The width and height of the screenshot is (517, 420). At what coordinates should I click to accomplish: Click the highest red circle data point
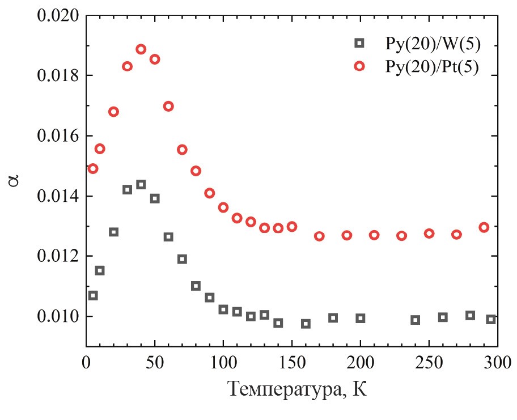(x=141, y=49)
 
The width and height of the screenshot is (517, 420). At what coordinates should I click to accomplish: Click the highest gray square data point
(x=141, y=184)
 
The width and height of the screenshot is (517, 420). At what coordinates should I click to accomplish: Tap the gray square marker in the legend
(x=359, y=43)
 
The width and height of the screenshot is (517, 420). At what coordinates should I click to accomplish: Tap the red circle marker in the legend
(x=359, y=66)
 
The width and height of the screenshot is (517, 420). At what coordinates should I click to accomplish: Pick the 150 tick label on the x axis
(x=292, y=360)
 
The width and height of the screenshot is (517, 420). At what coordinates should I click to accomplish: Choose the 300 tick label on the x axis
(x=497, y=360)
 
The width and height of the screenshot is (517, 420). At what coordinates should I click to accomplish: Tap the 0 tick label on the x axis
(x=86, y=360)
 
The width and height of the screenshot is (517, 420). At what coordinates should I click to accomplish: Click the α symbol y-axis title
(x=14, y=180)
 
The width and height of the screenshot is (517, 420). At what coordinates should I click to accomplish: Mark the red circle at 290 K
(x=484, y=227)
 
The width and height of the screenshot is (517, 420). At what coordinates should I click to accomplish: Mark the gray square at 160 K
(x=306, y=324)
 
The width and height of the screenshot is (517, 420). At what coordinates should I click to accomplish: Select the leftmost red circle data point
(x=93, y=168)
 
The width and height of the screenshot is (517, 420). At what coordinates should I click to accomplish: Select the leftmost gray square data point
(x=93, y=295)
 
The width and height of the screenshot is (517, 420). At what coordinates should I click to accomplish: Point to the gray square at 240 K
(x=416, y=320)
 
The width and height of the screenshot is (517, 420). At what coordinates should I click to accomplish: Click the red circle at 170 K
(x=319, y=236)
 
